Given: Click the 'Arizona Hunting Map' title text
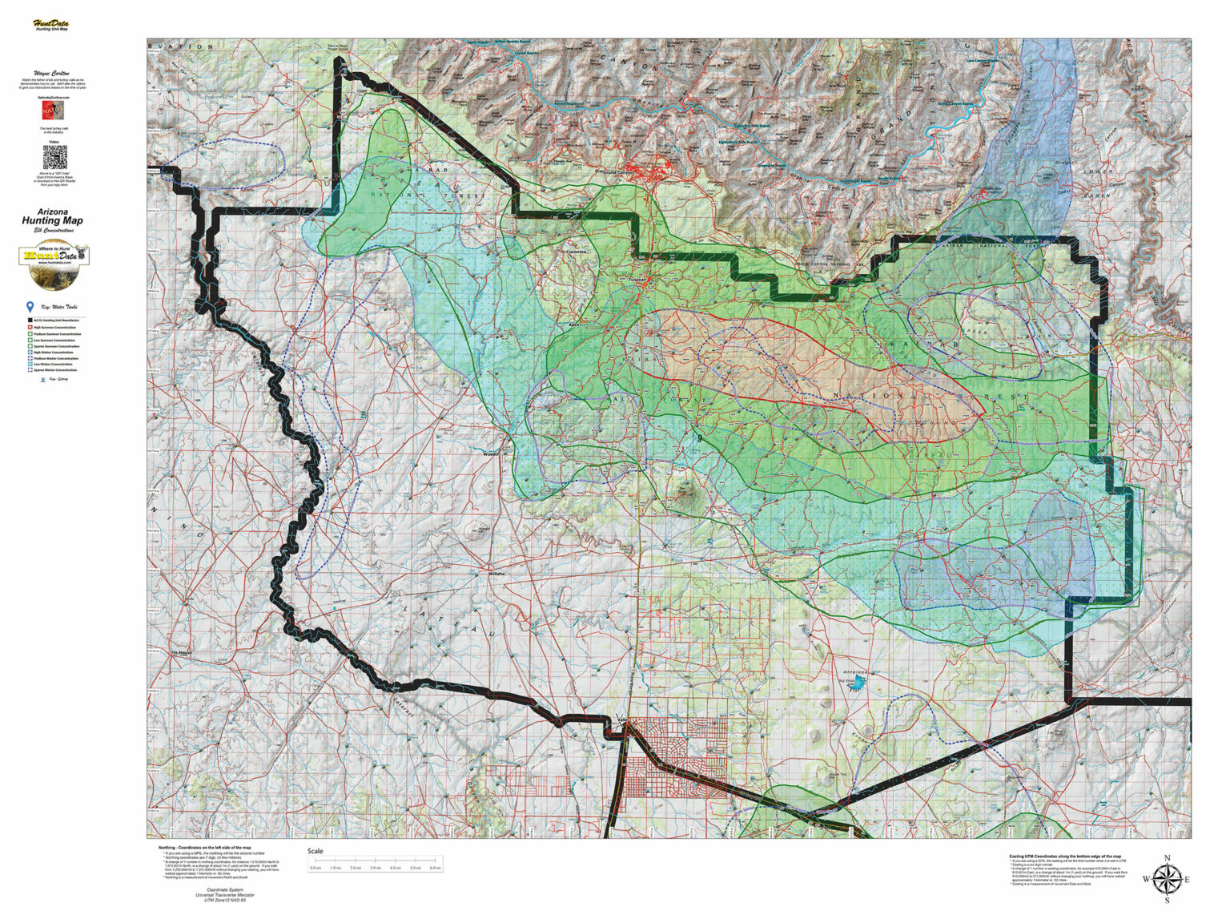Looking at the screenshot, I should [x=54, y=217].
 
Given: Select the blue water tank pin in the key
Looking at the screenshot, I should [x=30, y=307].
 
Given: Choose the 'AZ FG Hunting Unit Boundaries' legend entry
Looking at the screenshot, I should [x=53, y=320].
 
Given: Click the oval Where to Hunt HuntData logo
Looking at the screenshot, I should [x=54, y=264].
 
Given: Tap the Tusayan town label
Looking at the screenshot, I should [x=637, y=279].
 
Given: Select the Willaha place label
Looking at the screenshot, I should [x=496, y=574].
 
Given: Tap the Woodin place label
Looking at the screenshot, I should [x=491, y=454].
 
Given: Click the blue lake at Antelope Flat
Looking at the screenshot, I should [x=859, y=683].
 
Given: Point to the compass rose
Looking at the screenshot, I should [x=1167, y=878].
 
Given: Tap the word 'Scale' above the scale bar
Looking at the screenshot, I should [x=316, y=851].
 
